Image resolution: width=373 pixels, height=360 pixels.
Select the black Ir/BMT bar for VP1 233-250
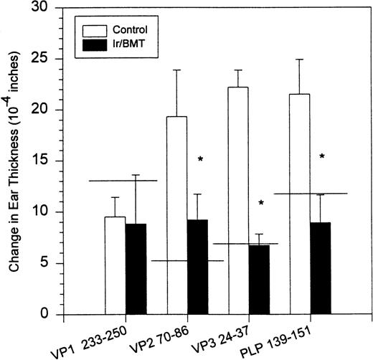click(136, 269)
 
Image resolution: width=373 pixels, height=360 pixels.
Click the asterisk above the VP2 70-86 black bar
click(201, 159)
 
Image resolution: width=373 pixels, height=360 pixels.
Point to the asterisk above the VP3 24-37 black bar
click(261, 204)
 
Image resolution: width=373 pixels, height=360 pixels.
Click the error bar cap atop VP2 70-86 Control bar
click(166, 70)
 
